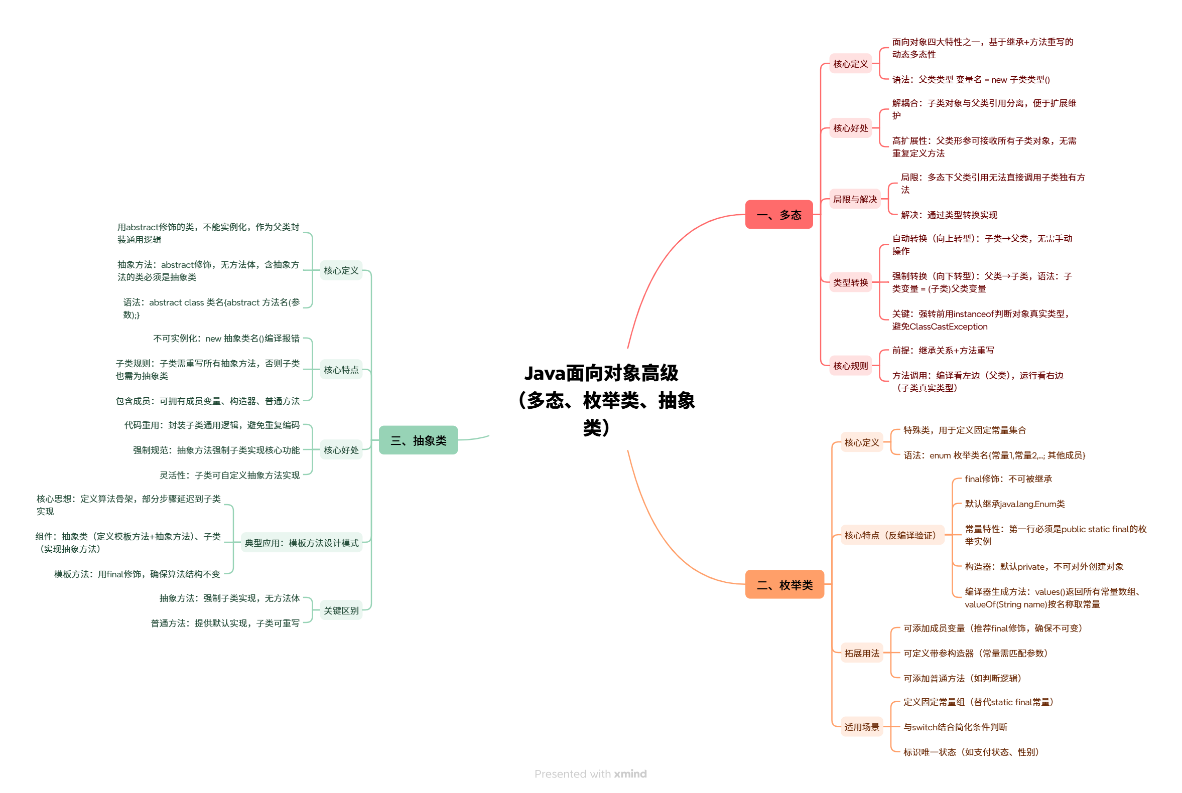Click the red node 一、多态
coord(778,215)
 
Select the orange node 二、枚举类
coord(784,585)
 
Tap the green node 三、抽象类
coord(418,440)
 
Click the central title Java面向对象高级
coord(601,373)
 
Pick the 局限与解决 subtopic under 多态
coord(855,199)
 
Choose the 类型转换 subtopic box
coord(850,282)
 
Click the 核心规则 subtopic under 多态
coord(850,366)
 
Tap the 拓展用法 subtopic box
coord(861,653)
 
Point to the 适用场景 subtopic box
coord(861,727)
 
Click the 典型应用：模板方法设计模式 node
coord(302,543)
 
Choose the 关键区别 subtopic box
coord(341,610)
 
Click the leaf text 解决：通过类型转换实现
coord(949,215)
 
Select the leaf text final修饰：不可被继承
coord(1008,479)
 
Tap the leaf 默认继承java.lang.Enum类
coord(1014,504)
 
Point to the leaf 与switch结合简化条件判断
coord(955,727)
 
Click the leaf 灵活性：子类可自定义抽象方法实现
coord(230,475)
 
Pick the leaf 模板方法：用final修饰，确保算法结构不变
coord(137,573)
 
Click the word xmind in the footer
coord(630,774)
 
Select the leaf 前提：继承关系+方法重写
coord(943,350)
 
